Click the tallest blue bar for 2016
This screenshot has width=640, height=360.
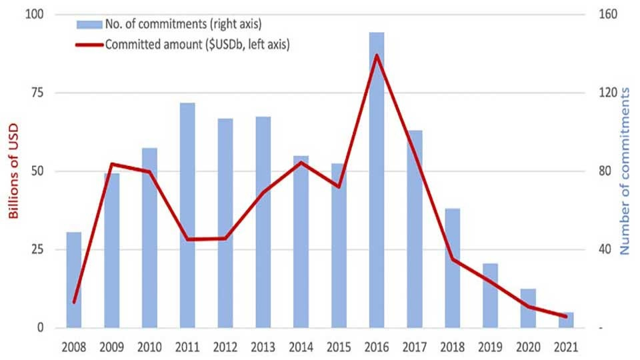point(377,180)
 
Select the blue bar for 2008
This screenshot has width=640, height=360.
point(74,280)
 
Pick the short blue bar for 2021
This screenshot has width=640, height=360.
point(566,320)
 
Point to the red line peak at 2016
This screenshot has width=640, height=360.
point(377,55)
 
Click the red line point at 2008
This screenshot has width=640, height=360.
point(74,302)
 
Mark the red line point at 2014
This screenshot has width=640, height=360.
point(301,162)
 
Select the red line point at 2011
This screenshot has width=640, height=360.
point(187,239)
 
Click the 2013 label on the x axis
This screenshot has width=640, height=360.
point(263,347)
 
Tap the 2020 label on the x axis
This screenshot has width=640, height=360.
point(528,347)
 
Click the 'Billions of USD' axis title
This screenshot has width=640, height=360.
point(13,171)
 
